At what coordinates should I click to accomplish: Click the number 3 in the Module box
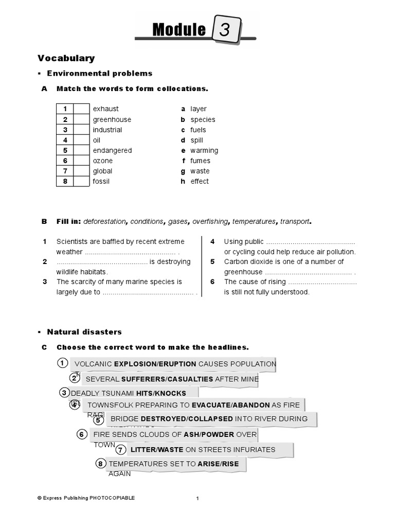[225, 30]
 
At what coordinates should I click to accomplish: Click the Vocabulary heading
[66, 58]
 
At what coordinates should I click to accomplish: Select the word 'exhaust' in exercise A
[105, 109]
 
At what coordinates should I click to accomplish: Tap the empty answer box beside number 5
[81, 150]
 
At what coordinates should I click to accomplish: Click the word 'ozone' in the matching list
[102, 161]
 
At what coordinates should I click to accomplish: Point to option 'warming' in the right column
[204, 150]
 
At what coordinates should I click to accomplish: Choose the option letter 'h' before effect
[183, 181]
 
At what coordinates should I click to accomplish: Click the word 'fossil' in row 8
[101, 181]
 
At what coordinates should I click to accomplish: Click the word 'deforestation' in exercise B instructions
[104, 221]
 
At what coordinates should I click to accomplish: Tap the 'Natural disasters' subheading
[84, 332]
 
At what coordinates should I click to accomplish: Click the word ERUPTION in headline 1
[177, 364]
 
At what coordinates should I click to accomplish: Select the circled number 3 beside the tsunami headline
[64, 393]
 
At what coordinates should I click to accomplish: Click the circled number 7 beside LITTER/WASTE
[120, 449]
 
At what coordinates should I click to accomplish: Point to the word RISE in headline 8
[231, 464]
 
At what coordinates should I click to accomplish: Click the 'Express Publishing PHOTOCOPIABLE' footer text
[86, 498]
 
